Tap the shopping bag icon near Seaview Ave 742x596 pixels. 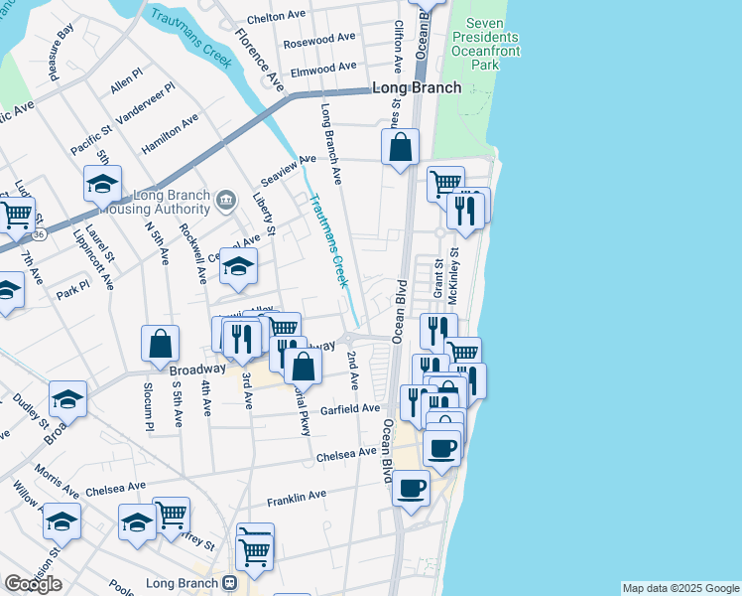[400, 149]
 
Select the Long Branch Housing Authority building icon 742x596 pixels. [226, 201]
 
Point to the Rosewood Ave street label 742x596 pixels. [318, 42]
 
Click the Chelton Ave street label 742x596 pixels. [276, 17]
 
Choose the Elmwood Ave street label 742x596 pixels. [322, 68]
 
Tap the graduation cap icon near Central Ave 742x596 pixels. [238, 267]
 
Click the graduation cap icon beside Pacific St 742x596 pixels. [102, 185]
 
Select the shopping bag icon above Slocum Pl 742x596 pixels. [160, 346]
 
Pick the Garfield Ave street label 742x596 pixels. [350, 409]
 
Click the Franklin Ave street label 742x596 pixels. [296, 495]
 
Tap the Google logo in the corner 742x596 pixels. [33, 584]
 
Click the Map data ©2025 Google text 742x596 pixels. [680, 588]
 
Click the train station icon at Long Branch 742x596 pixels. [229, 582]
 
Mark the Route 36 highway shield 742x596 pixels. [38, 235]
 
